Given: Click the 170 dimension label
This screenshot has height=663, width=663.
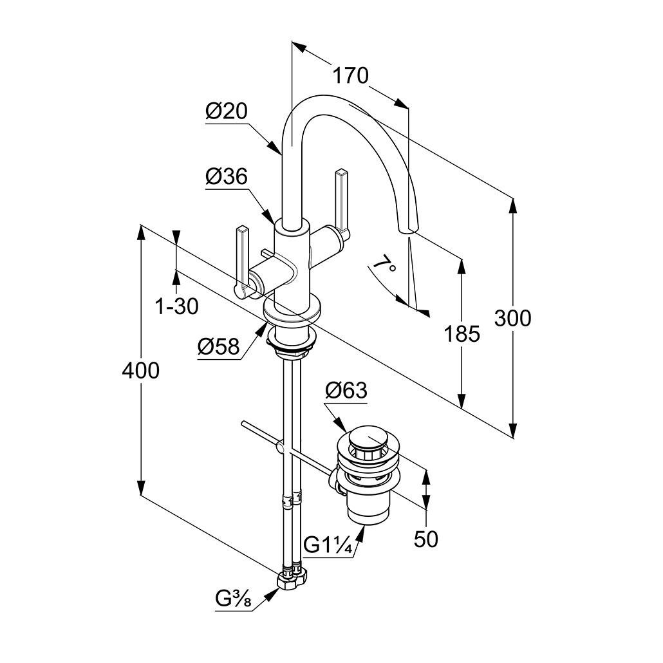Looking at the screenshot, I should coord(350,76).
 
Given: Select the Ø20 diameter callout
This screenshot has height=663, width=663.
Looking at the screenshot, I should coord(227,111).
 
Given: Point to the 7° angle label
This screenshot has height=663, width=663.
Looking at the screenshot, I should coord(384,265).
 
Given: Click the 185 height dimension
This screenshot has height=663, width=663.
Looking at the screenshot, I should coord(462,333).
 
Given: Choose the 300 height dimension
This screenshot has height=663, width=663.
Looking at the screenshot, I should coord(513,318).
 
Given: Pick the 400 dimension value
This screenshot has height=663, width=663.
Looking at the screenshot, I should coord(140,370).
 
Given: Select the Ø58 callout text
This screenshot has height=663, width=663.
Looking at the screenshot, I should coord(218,348).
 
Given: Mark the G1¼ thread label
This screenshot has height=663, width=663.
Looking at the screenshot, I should coord(328,545).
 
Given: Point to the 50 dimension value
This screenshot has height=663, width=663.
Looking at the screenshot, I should coord(425,539).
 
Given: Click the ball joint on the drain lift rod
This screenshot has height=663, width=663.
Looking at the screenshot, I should coord(279,446).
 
